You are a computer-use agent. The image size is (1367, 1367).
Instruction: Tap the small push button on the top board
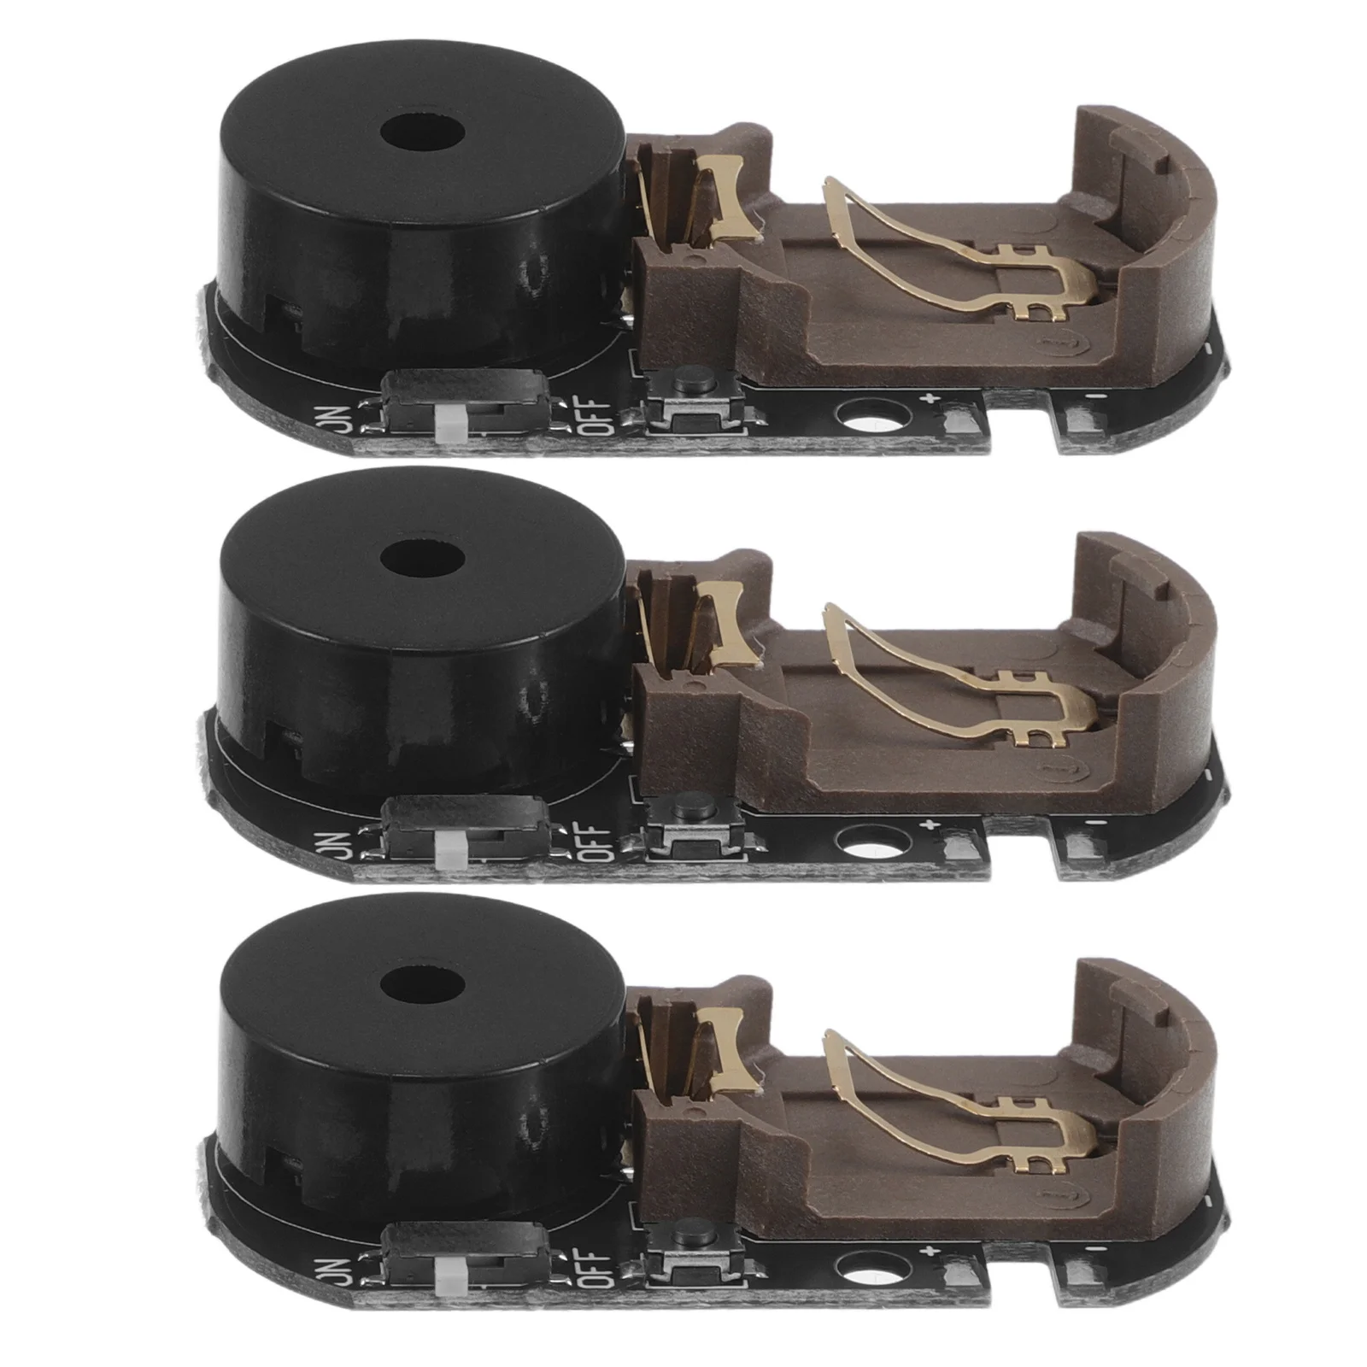pos(683,378)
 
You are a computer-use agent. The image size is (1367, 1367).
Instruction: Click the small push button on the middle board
pos(683,806)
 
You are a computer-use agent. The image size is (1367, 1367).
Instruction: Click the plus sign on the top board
pos(932,396)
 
